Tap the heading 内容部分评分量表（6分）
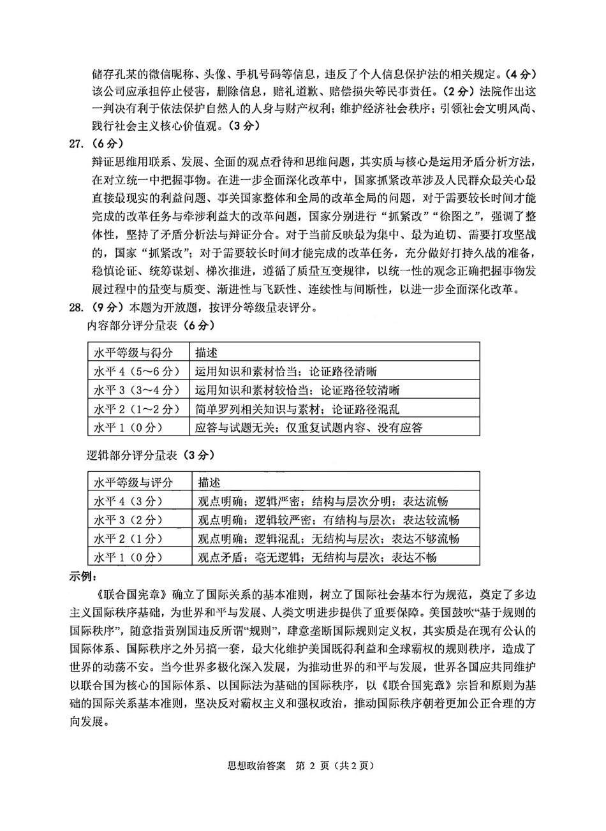point(151,325)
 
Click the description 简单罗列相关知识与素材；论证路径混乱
point(297,408)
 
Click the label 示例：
point(84,576)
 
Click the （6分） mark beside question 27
point(107,143)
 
